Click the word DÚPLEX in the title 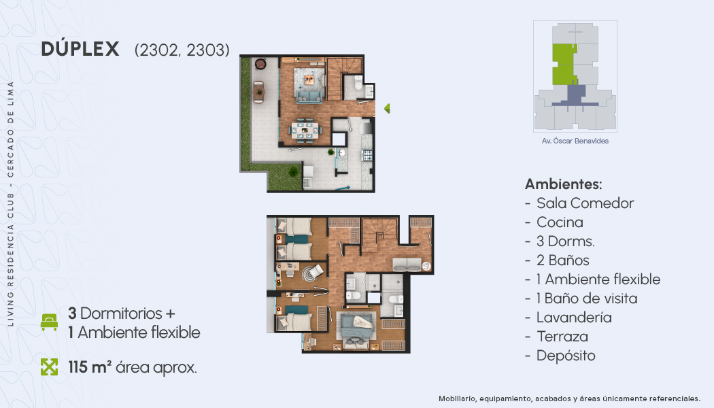click(80, 49)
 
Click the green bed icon click(49, 322)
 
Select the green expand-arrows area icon click(49, 367)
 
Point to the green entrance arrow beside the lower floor click(387, 108)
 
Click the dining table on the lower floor click(305, 129)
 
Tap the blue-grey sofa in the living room click(309, 97)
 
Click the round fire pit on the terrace click(260, 64)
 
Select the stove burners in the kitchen click(367, 155)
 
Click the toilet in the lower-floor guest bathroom click(358, 84)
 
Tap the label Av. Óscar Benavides click(575, 141)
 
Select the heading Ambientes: click(563, 184)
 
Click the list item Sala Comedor click(585, 203)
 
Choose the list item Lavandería click(574, 318)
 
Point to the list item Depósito click(566, 356)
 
